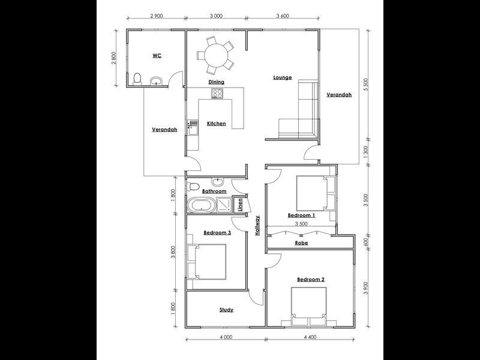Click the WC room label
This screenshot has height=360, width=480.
coord(157,55)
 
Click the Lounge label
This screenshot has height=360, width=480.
coord(282,77)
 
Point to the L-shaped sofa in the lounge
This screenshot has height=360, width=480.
coord(302,114)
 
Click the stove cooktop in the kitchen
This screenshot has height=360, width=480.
coord(217,94)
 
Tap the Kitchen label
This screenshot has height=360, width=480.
coord(217,124)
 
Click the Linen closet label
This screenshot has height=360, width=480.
coord(239,205)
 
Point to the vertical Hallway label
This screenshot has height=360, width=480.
coord(257,226)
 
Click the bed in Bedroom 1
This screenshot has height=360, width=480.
coord(313,193)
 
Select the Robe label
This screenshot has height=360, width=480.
coord(302,244)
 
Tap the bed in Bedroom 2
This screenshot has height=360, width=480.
coord(310,307)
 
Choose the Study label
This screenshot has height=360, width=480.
coord(226,310)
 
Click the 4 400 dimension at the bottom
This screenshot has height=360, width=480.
coord(310,338)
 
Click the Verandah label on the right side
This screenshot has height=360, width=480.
coord(339,95)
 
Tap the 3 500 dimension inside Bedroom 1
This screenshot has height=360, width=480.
coord(301,223)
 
